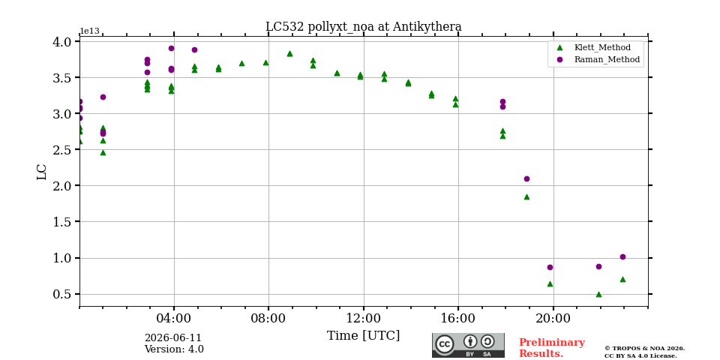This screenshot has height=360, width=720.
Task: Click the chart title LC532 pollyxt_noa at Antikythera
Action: [x=363, y=27]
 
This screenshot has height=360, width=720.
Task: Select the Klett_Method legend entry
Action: [x=595, y=47]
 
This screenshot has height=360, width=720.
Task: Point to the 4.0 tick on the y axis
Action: [x=62, y=42]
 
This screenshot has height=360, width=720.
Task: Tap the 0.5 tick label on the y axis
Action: [x=62, y=294]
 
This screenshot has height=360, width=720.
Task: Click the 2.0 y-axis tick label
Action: [x=62, y=185]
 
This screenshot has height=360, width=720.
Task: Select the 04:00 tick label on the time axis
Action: [x=174, y=318]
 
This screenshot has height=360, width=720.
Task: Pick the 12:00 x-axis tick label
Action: [x=364, y=318]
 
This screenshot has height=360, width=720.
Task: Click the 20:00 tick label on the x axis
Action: [x=553, y=318]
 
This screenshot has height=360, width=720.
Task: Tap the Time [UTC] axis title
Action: [x=363, y=336]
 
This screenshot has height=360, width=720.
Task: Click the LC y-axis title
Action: [x=42, y=172]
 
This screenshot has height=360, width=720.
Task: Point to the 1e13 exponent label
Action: [x=89, y=31]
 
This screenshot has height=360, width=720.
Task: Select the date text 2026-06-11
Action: [x=173, y=338]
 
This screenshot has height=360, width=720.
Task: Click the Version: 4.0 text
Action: [x=174, y=349]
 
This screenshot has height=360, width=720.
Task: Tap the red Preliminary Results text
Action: [x=552, y=348]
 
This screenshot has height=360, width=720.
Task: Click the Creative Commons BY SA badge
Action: [x=468, y=345]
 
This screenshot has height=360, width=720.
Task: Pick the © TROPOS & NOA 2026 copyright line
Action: [x=645, y=349]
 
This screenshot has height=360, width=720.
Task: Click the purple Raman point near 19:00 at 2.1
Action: [x=526, y=178]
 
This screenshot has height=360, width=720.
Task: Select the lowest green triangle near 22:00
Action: [x=598, y=294]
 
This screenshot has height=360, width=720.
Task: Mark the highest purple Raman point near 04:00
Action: [x=171, y=48]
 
